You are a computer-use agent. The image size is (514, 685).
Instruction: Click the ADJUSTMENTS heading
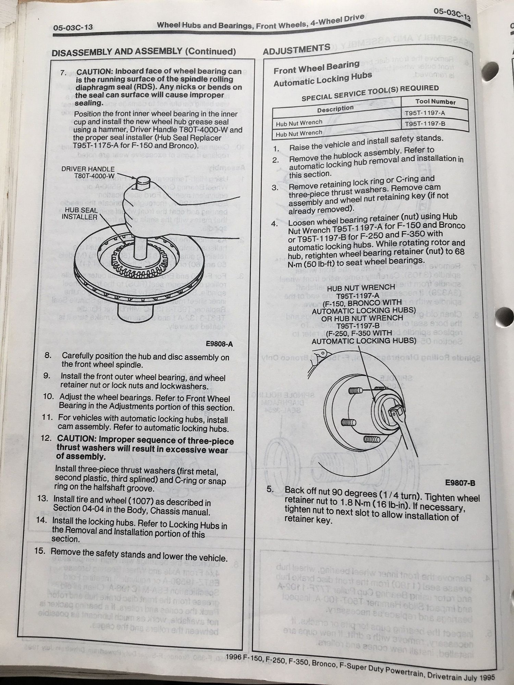296,50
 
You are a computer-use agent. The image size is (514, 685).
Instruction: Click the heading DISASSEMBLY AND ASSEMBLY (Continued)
144,52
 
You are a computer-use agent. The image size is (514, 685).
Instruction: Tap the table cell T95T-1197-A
425,113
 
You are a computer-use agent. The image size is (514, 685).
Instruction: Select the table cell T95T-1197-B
425,124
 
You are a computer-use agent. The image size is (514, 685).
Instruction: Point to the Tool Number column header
435,102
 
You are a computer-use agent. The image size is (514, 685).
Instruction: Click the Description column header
335,109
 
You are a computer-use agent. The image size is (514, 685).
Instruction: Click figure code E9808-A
219,344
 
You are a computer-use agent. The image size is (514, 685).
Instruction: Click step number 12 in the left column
46,438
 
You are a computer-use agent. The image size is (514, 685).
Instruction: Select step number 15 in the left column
40,551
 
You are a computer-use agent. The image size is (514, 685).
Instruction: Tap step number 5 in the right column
271,489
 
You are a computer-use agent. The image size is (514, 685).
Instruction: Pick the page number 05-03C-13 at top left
73,27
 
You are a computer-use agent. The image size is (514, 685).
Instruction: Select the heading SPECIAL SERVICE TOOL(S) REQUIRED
370,93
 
